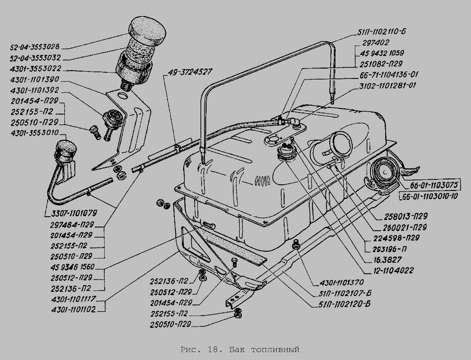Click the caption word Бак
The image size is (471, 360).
pos(236,350)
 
